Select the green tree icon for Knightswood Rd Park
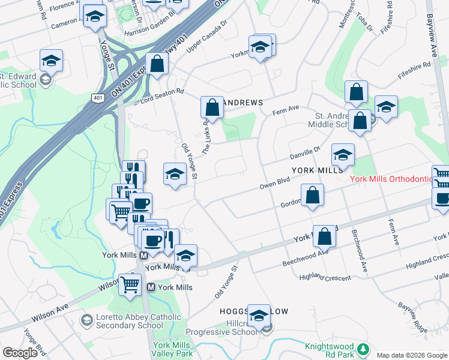tap(362, 348)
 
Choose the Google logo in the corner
tap(20, 353)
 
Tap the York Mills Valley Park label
tap(172, 349)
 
